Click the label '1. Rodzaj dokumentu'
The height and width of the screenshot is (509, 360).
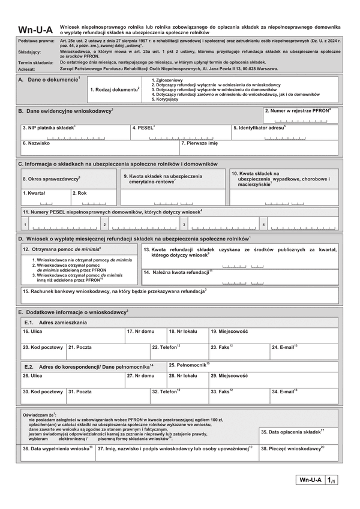click(115, 89)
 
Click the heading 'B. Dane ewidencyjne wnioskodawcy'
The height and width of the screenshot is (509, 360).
click(65, 112)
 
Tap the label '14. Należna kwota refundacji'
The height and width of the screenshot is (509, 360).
click(178, 272)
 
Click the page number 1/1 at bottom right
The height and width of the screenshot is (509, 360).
click(332, 480)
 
